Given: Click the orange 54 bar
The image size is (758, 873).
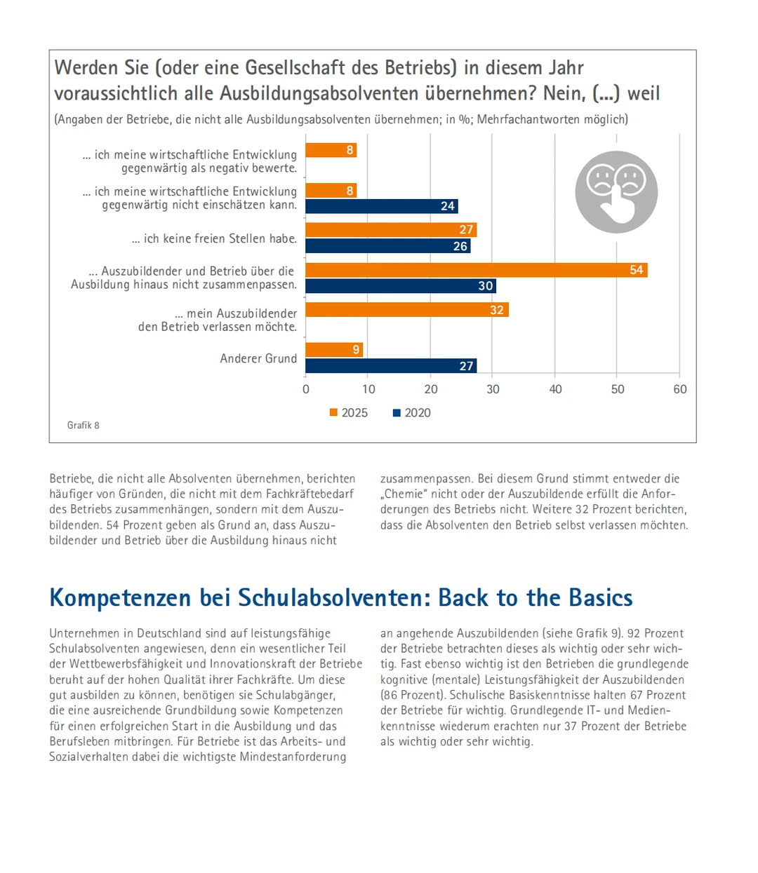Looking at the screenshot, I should click(476, 270).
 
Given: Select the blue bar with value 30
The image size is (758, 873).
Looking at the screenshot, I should click(401, 286).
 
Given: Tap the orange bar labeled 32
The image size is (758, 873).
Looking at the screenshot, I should click(406, 310).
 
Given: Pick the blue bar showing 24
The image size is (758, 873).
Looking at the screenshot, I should click(382, 206).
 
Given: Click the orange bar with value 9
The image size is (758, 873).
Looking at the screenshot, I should click(334, 349).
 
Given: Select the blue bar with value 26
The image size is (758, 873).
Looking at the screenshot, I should click(387, 246).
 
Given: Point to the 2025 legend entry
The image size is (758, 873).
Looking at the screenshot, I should click(349, 413).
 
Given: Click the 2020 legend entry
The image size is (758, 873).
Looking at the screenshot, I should click(412, 413).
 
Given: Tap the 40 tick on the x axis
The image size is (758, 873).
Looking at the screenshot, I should click(555, 389).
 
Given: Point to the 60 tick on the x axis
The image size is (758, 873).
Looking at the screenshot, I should click(680, 389).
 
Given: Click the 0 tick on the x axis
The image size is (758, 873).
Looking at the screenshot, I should click(306, 389).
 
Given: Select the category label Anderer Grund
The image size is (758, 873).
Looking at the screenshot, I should click(258, 358).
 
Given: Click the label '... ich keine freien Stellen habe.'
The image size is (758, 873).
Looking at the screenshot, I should click(214, 239).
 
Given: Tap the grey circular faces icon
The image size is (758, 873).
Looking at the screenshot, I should click(616, 192).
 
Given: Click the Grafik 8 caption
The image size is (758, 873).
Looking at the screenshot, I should click(84, 425).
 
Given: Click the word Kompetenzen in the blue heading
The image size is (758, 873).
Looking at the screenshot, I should click(120, 598).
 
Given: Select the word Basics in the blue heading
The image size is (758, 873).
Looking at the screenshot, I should click(601, 598).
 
